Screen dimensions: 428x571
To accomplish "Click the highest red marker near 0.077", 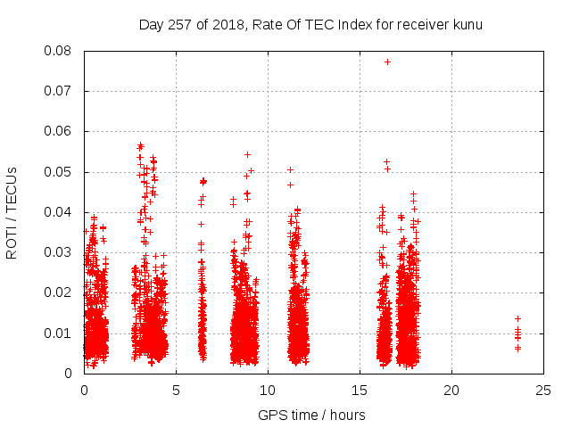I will [387, 62].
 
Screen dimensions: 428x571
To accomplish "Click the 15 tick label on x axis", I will [360, 390].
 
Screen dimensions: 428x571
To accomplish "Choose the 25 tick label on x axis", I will [543, 390].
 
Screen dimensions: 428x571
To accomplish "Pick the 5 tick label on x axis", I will [176, 390].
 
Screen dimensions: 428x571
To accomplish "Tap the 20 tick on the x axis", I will [451, 390].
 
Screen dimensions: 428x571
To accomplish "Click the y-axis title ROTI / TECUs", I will [12, 212].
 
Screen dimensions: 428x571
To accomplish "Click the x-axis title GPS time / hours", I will [313, 415].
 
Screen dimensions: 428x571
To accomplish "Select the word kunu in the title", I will [467, 24].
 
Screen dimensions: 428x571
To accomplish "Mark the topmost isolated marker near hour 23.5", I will [517, 318].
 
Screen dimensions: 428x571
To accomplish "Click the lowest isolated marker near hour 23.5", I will [517, 348].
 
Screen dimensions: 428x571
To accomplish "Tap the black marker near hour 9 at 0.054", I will [247, 154].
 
